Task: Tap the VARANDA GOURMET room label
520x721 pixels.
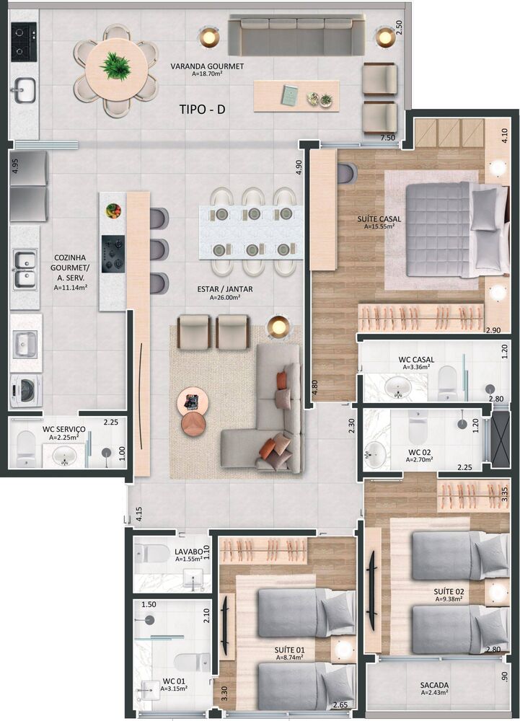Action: (207, 66)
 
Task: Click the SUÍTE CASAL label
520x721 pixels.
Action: (379, 218)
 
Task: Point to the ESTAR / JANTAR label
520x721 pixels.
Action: (225, 290)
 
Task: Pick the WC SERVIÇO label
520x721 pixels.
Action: (63, 429)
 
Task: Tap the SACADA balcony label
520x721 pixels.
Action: (435, 685)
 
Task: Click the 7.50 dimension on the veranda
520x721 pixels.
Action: (388, 137)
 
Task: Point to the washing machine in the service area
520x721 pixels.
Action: (25, 390)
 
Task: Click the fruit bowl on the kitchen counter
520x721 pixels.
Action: (113, 211)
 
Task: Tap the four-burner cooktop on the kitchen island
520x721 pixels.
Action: (113, 253)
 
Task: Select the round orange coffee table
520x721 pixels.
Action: (193, 423)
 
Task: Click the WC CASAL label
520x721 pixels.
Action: (415, 358)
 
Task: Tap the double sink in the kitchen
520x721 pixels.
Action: (25, 269)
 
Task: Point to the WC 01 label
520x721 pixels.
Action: (175, 680)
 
